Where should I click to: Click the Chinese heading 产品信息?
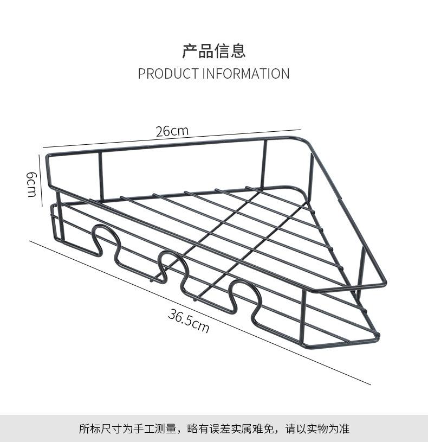213,51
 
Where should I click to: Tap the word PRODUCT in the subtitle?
168,74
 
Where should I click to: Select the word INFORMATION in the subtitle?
246,74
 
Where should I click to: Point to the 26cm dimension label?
172,131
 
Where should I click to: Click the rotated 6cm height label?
31,184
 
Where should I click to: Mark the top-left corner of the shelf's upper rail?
48,156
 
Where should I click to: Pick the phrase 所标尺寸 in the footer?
99,429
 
